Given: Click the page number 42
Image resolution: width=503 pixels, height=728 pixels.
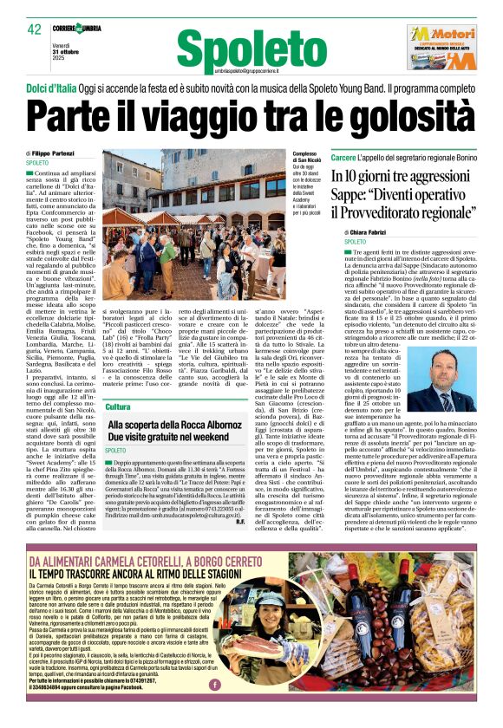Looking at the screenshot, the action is (35, 29).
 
